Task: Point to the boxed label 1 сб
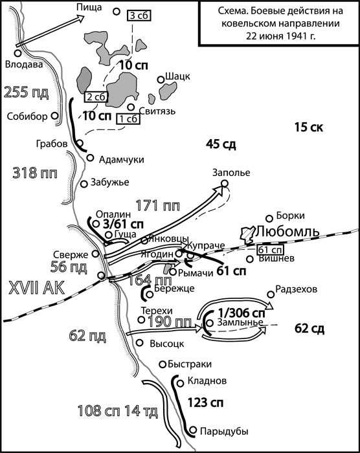coord(127,118)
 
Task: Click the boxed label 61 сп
coord(269,250)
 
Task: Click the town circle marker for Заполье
coord(225,184)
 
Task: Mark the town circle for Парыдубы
coord(193,429)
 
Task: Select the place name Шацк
coord(178,76)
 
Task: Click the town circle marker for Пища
coord(117,11)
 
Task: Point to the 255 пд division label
coord(26,91)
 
